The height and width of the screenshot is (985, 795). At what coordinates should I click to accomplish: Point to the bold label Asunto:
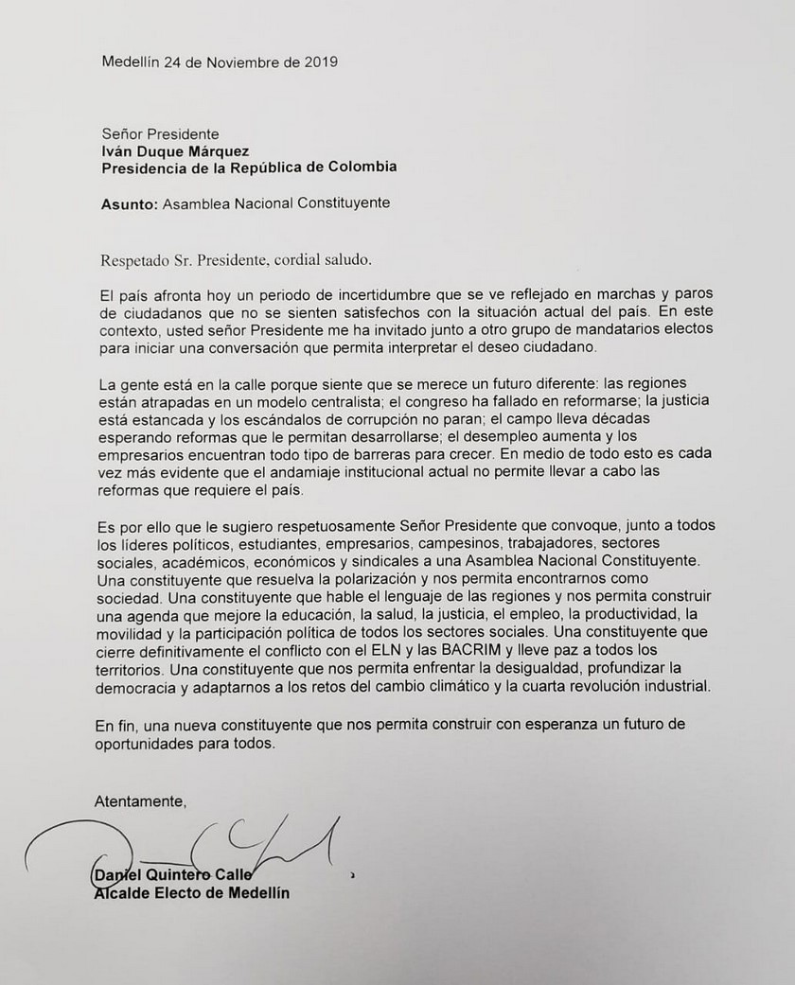click(x=129, y=202)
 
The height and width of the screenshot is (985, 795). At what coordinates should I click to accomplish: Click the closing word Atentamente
click(x=140, y=802)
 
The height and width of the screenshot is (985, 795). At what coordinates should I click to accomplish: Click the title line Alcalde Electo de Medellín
click(x=190, y=892)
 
